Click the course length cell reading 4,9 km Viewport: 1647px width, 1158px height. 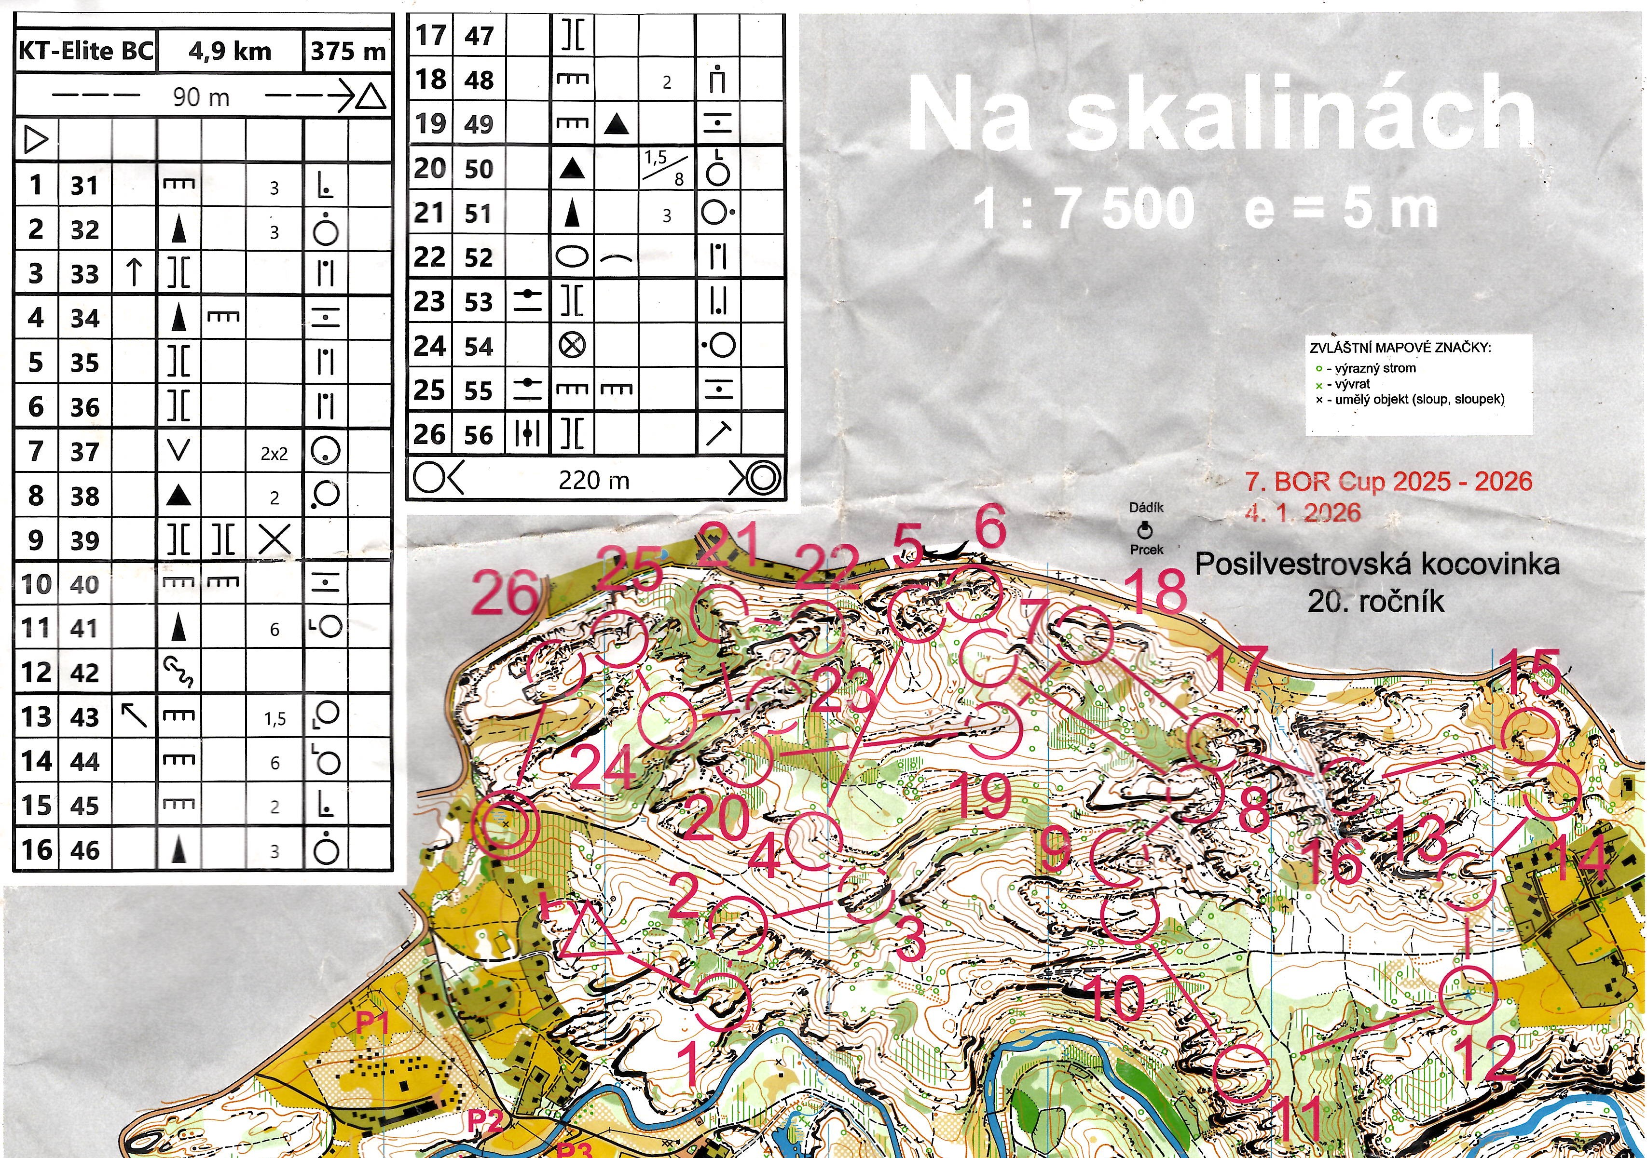coord(230,52)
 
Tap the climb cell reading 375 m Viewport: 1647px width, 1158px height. coord(348,52)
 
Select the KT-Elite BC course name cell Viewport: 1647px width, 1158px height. coord(85,52)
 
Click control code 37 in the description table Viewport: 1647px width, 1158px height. coord(84,452)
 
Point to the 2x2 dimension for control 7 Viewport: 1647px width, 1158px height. coord(274,453)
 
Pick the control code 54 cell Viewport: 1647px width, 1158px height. coord(479,346)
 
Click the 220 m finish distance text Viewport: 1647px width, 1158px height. coord(594,480)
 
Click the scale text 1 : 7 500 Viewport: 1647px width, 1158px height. coord(1083,209)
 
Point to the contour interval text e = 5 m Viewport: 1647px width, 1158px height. coord(1342,209)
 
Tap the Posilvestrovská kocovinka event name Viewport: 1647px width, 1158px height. coord(1376,565)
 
